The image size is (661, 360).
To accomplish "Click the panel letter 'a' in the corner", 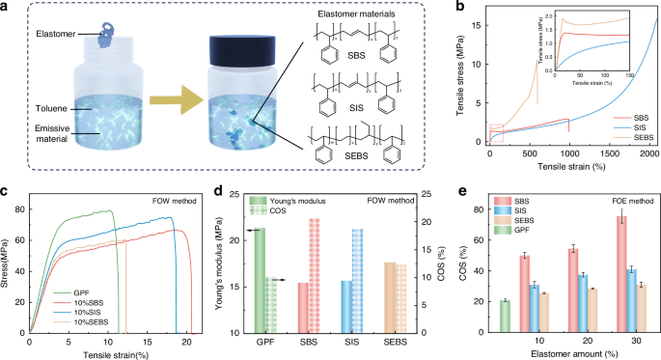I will [x=7, y=9].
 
